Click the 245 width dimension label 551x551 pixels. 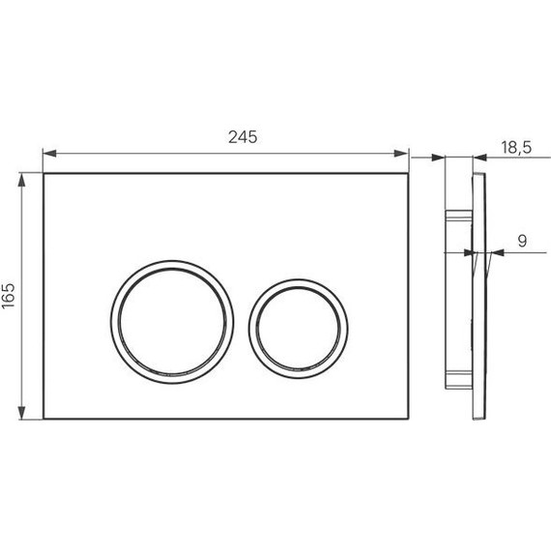tap(243, 137)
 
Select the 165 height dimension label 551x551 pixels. tap(9, 296)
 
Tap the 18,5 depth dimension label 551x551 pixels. tap(516, 147)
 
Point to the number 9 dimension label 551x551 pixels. tap(523, 241)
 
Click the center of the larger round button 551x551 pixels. tap(172, 322)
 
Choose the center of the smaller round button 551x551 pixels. tap(299, 329)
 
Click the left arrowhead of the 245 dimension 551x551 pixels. tap(49, 154)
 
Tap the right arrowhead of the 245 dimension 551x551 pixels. tap(401, 154)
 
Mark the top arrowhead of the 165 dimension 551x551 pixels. tap(22, 179)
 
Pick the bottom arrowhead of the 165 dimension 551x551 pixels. tap(22, 413)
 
